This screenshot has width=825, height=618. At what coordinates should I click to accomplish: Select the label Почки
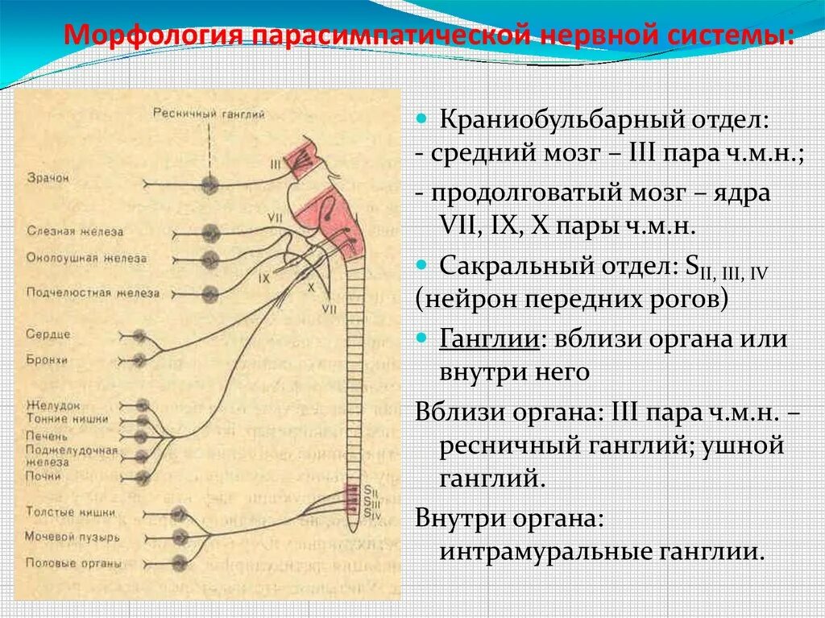click(x=43, y=476)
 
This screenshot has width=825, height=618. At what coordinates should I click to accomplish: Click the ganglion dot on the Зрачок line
click(x=210, y=183)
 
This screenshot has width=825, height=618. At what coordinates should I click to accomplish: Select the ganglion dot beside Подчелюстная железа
click(x=210, y=292)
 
